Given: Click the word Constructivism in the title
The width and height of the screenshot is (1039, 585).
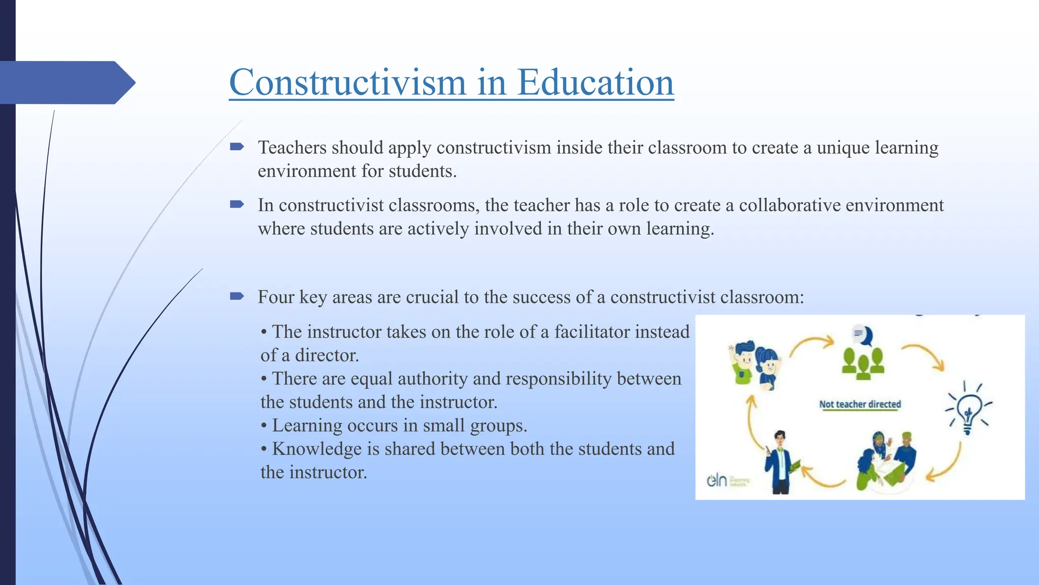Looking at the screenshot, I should click(x=347, y=82).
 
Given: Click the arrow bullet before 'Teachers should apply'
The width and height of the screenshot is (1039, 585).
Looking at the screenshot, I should click(x=237, y=147).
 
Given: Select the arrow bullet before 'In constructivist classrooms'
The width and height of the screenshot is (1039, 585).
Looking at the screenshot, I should click(x=237, y=205).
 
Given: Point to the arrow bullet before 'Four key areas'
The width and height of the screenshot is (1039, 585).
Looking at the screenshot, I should click(x=237, y=296).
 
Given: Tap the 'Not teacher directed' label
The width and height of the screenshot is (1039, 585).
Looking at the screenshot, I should click(x=860, y=404).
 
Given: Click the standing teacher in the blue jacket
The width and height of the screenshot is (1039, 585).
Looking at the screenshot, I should click(x=780, y=462).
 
